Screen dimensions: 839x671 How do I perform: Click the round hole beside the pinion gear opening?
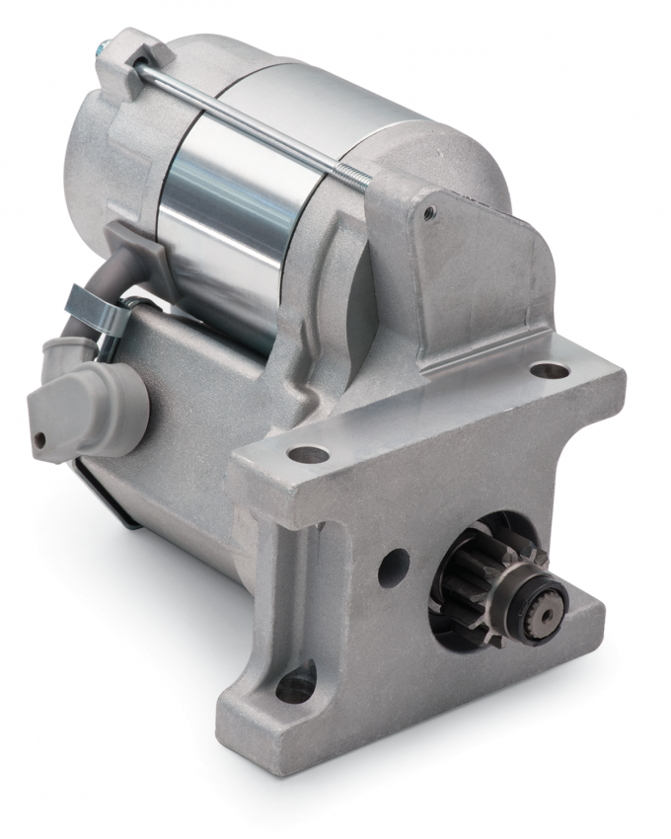tap(393, 564)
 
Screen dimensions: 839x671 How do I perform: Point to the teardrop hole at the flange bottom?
tap(296, 684)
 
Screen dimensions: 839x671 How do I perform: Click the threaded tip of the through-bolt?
tap(357, 178)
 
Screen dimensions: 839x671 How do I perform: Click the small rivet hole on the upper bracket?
tap(429, 210)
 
